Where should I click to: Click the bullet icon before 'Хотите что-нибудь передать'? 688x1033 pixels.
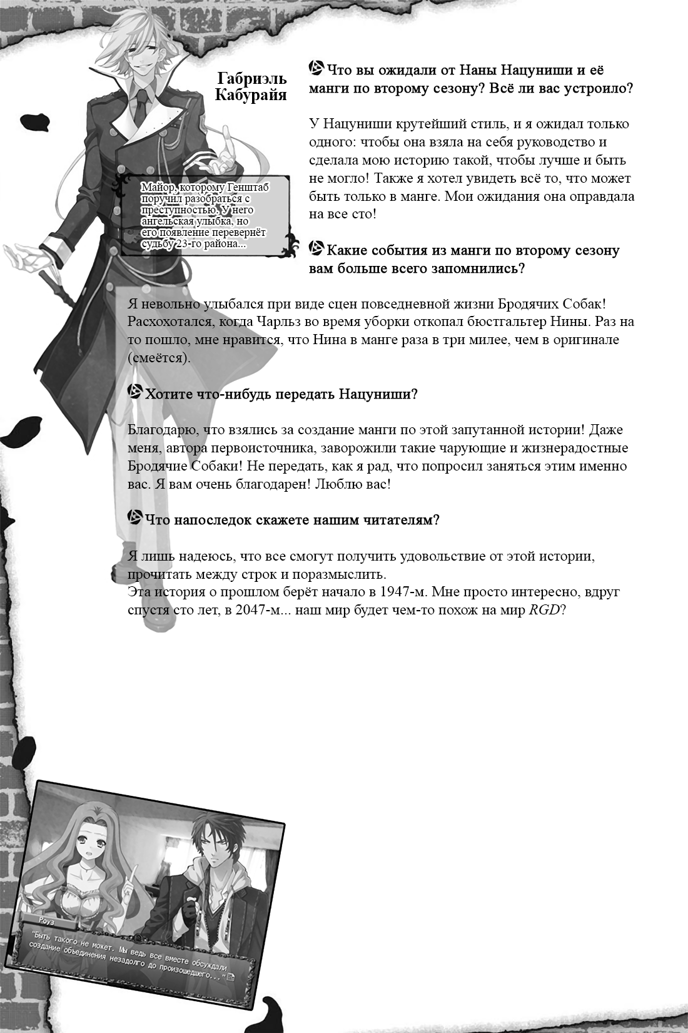[134, 392]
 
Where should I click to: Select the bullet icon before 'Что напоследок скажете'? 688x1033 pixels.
[134, 518]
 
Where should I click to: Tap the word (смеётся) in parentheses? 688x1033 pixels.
[158, 358]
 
